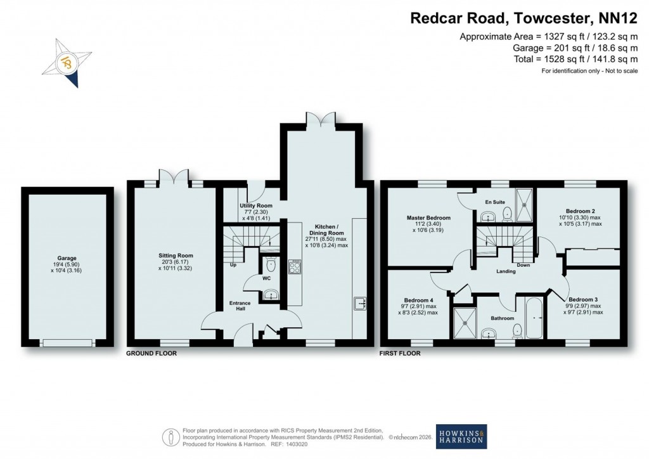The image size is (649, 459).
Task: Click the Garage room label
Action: click(67, 258)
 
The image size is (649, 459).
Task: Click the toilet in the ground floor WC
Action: click(271, 265)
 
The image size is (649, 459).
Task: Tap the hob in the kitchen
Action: click(295, 266)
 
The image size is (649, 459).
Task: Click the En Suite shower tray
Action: click(525, 201)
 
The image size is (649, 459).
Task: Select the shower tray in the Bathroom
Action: click(466, 323)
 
